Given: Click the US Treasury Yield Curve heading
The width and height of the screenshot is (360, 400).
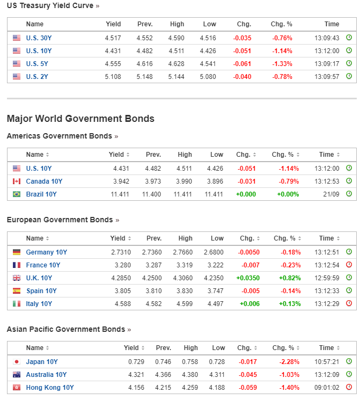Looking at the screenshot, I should pos(50,5).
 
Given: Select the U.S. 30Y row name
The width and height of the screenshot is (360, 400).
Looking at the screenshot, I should pos(39,38).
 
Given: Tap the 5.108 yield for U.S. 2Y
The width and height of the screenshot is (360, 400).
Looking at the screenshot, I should pos(113,77).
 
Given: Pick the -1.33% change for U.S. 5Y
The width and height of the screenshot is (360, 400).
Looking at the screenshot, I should pos(282,64).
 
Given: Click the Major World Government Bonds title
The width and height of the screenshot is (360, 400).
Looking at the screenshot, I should pos(80,119).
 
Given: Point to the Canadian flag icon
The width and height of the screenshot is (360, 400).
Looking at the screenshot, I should pos(16,181).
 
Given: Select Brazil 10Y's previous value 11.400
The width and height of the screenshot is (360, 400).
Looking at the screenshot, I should pos(151,194).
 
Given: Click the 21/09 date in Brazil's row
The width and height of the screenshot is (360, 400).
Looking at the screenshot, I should pos(332,194).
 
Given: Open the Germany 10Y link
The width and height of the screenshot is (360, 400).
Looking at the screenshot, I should pos(46,252).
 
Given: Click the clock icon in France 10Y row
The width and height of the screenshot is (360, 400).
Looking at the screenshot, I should pos(349,265).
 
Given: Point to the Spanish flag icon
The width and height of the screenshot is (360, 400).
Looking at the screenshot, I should pos(16,291).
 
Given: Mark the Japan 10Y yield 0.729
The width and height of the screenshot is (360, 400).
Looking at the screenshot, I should pos(136,362).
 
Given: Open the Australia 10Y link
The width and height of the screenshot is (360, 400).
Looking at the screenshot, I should pos(46,375).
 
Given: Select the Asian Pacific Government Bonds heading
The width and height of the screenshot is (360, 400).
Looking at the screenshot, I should pos(65,329).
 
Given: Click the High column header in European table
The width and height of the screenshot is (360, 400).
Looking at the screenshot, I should pos(185,238).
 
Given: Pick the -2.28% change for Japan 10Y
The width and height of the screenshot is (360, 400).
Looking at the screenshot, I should pos(288,362).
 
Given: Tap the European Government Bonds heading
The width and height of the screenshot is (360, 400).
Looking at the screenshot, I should pos(60,220).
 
